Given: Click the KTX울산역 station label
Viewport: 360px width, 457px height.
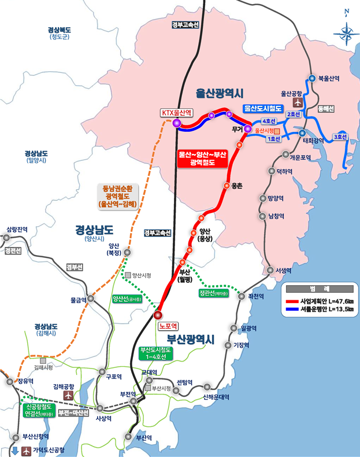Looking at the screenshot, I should tap(177, 113).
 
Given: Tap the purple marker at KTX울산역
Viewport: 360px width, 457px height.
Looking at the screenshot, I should tap(177, 123).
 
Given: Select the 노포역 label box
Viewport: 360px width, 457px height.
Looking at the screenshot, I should tap(170, 326).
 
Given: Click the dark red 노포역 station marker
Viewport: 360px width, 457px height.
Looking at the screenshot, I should tap(159, 315).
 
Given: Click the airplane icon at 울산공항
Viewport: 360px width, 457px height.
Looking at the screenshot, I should tap(298, 102).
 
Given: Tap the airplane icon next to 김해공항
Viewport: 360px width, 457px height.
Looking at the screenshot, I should tap(69, 396).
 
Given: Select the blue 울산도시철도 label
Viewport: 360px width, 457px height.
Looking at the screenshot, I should tap(262, 108).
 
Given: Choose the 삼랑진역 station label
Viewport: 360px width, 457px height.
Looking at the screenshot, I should tap(17, 230).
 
